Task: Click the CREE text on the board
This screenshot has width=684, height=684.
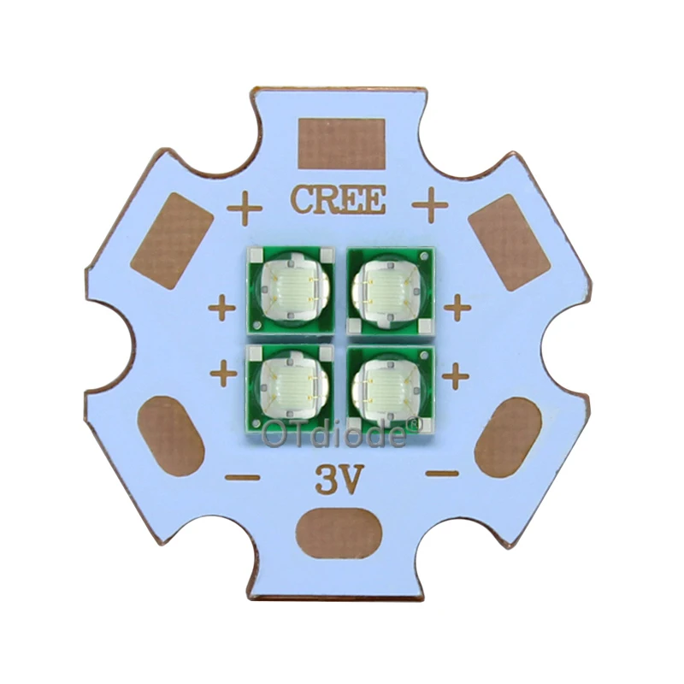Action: coord(339,200)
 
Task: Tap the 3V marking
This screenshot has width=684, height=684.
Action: coord(339,481)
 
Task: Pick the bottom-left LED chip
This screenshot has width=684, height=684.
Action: coord(291,390)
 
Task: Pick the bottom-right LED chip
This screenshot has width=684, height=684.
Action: coord(391,390)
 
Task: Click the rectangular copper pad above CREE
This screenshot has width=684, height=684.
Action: coord(341,144)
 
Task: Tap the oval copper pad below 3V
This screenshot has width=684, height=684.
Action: coord(339,534)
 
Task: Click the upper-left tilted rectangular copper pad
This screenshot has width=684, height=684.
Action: coord(172,241)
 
